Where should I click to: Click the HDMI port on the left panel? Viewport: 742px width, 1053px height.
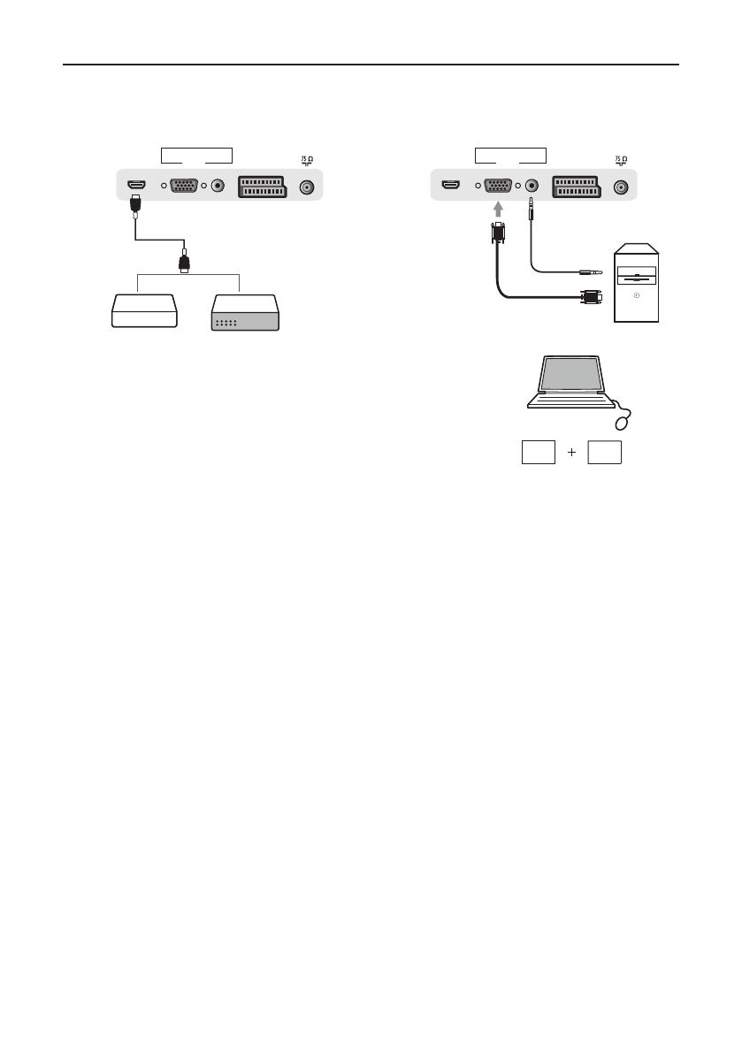136,187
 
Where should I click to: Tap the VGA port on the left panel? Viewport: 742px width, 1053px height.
182,187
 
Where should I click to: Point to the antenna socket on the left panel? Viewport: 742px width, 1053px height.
306,187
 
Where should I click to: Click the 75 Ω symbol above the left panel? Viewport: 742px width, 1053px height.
306,161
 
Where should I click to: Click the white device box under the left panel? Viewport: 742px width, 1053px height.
144,314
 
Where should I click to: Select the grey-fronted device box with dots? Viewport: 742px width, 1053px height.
244,315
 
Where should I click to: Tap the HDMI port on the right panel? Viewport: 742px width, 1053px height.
451,187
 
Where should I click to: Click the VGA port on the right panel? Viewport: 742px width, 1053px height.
498,187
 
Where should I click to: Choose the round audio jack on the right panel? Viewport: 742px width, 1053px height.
532,187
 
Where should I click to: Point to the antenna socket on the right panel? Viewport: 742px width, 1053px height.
622,187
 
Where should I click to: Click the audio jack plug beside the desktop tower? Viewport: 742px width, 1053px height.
590,272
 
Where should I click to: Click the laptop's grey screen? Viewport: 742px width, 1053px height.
571,374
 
